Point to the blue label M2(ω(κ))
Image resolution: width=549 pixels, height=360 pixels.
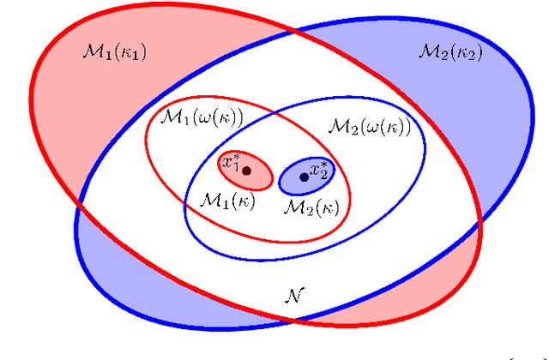tap(369, 126)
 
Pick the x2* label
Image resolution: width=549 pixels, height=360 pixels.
tap(319, 170)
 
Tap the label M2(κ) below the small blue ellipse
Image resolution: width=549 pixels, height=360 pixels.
tap(311, 207)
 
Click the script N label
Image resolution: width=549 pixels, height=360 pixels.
tap(291, 296)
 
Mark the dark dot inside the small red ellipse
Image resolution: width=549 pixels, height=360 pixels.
tap(247, 171)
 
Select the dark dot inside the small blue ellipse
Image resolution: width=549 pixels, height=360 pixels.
tap(303, 177)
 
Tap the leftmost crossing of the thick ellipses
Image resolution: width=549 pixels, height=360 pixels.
tap(80, 207)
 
